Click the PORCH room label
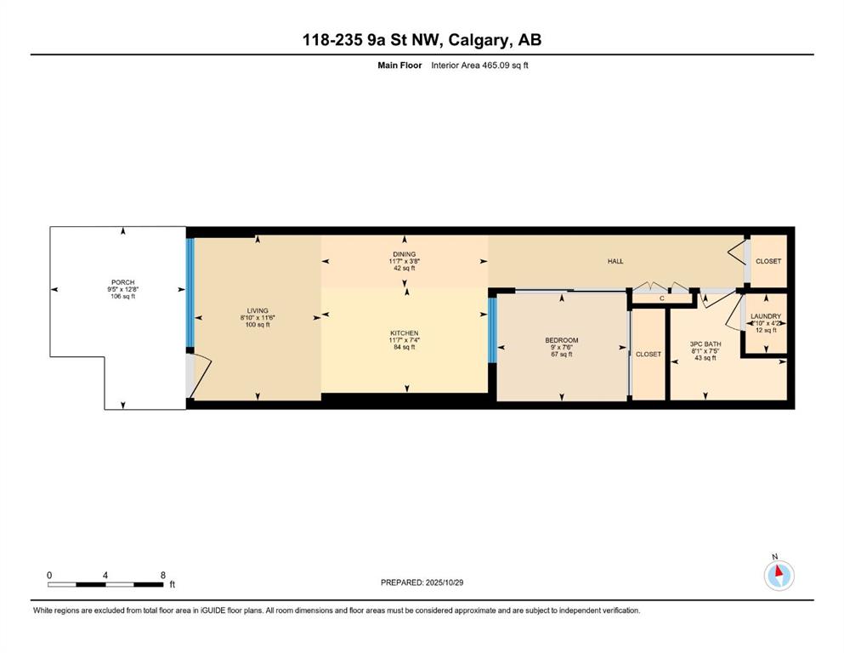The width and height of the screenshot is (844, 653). click(x=122, y=282)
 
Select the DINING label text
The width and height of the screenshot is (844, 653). click(x=404, y=254)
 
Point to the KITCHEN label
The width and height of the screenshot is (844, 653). click(x=405, y=333)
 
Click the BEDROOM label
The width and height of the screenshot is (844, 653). click(x=562, y=340)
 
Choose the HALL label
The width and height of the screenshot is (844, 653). click(x=615, y=261)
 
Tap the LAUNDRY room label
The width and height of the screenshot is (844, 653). click(x=766, y=316)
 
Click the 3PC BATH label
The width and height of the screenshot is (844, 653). click(x=705, y=344)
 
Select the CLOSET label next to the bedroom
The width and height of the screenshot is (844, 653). click(x=649, y=354)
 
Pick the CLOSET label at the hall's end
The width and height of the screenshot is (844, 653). click(x=768, y=261)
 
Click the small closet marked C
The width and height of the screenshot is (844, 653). click(x=661, y=298)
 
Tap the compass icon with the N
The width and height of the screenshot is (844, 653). click(x=779, y=576)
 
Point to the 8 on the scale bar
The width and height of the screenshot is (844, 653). click(x=162, y=576)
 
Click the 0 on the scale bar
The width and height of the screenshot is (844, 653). click(x=49, y=576)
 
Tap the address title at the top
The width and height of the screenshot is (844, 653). click(x=422, y=40)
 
